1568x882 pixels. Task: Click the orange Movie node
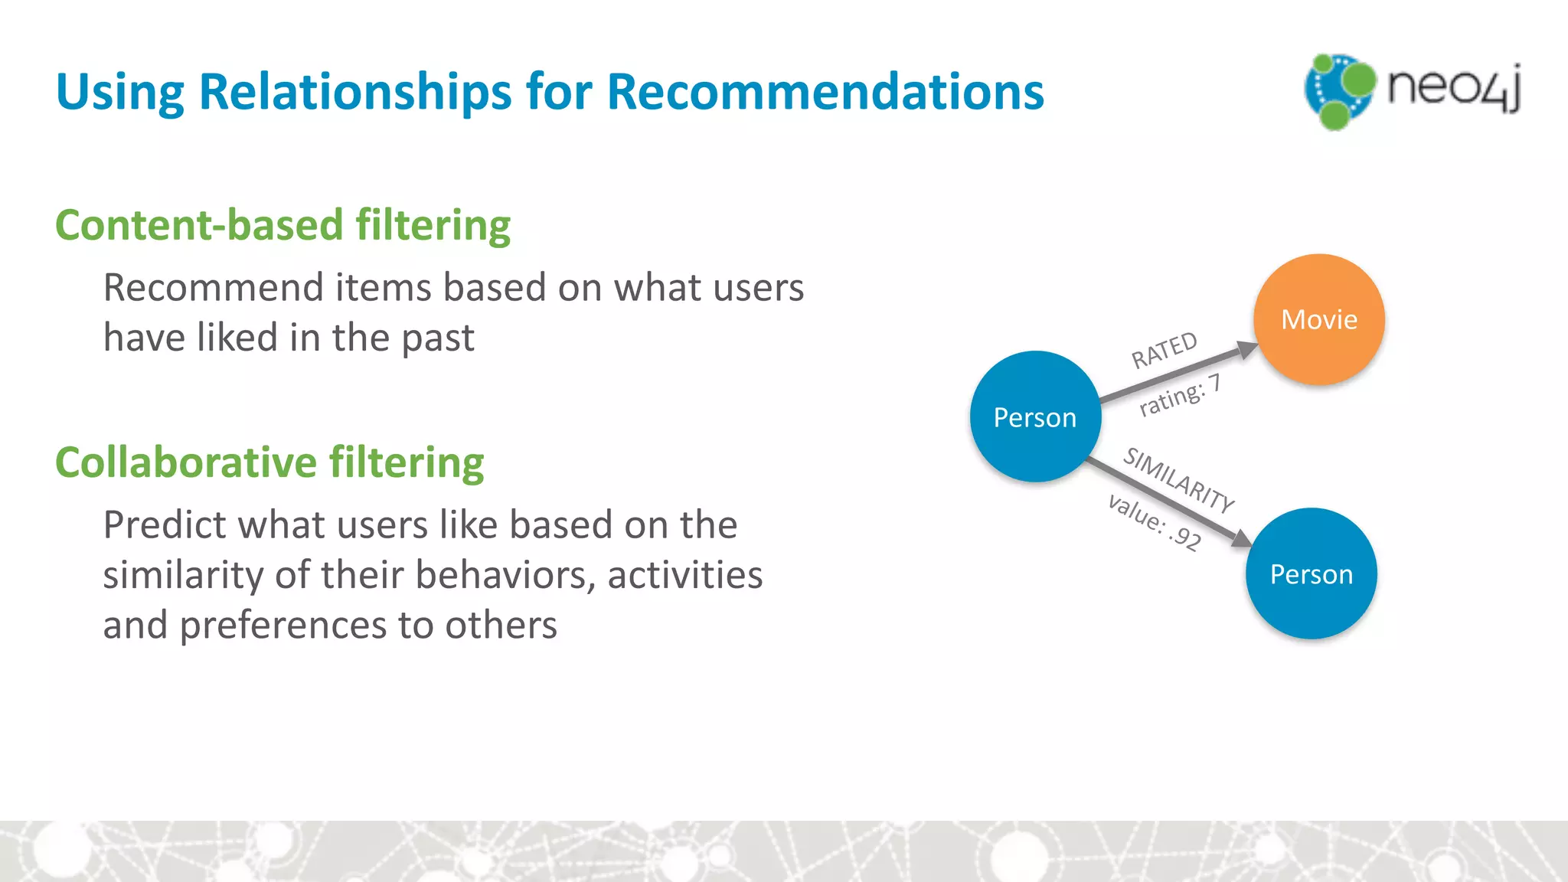coord(1318,319)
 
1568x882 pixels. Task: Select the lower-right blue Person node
coord(1311,573)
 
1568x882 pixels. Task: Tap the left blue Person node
coord(1035,416)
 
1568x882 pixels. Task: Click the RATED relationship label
coord(1164,350)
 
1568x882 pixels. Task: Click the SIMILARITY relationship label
coord(1178,480)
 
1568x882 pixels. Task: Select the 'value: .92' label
coord(1155,522)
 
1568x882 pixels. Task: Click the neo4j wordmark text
coord(1453,87)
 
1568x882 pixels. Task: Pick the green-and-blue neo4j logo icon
coord(1338,90)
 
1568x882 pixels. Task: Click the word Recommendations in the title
coord(825,92)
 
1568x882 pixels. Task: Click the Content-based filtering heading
coord(283,225)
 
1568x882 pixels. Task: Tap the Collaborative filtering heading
coord(269,462)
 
